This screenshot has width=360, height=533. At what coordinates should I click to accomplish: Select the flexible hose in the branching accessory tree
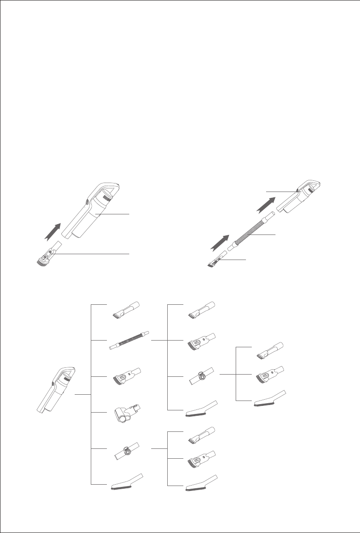(x=129, y=341)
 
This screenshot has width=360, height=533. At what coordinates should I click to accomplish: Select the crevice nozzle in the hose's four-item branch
(x=201, y=310)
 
